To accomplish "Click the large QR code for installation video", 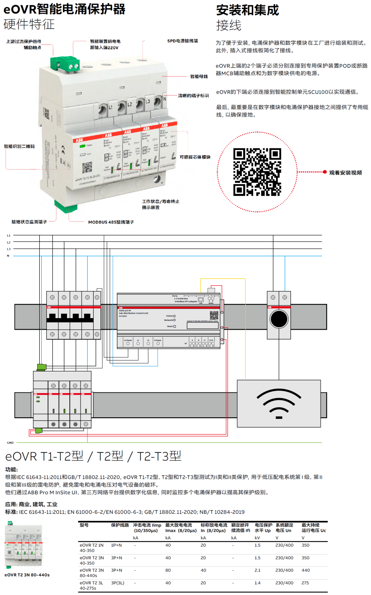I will [257, 172].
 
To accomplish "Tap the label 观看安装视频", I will [345, 173].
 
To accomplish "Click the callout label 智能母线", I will [199, 77].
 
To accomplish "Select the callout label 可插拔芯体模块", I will [195, 157].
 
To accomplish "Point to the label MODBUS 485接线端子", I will [111, 222].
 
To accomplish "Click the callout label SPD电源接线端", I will [183, 41].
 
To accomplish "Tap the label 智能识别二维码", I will [19, 146].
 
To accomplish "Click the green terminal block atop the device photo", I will [65, 64].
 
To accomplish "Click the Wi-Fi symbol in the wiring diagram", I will [279, 403].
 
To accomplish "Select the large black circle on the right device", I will [279, 319].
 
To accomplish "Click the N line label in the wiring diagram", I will [8, 256].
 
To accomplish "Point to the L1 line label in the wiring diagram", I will [8, 236].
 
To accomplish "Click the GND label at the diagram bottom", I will [10, 443].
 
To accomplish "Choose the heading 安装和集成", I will [248, 10].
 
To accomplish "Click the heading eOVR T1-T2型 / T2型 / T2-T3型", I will [93, 456].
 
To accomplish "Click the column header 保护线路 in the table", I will [120, 525].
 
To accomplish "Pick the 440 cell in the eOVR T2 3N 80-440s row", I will [306, 570].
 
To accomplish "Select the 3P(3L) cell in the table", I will [117, 583].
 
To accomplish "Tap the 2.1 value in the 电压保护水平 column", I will [258, 570].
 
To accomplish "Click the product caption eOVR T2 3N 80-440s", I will [27, 575].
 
